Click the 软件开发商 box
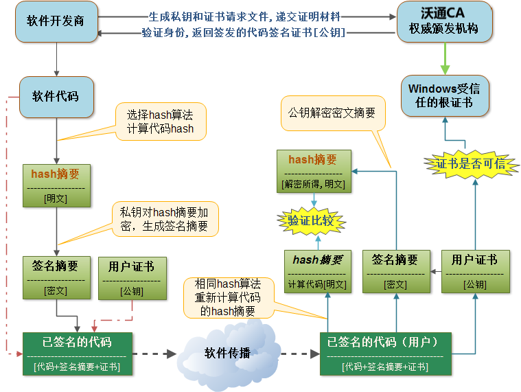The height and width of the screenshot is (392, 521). [x=56, y=21]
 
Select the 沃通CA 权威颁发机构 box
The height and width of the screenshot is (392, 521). [x=445, y=21]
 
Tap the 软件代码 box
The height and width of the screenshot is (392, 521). [x=56, y=95]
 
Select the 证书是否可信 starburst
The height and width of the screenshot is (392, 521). [x=471, y=163]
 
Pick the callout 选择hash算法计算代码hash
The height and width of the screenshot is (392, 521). [x=160, y=122]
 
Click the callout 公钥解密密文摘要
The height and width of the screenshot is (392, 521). [x=332, y=113]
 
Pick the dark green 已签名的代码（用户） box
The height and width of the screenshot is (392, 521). [x=386, y=353]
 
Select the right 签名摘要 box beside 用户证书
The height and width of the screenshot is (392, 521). [x=395, y=271]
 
